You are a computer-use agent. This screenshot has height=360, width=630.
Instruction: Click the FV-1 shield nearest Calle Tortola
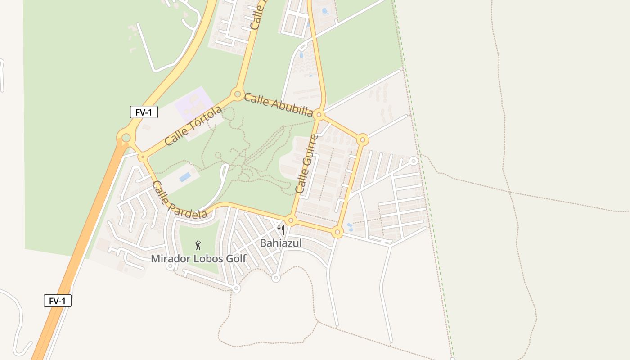[x=144, y=112]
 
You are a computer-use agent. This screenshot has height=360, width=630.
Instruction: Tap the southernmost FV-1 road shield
[x=58, y=301]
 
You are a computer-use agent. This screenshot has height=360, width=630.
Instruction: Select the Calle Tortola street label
[x=193, y=126]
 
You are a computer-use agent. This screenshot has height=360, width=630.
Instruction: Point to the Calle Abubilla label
[x=278, y=104]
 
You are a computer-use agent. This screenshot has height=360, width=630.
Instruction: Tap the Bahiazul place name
[x=281, y=243]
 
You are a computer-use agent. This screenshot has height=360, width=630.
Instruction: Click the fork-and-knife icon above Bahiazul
[x=281, y=230]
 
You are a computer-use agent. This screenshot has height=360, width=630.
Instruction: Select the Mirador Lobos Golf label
[x=198, y=259]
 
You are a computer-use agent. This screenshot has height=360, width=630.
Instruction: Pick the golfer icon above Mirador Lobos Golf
[x=198, y=245]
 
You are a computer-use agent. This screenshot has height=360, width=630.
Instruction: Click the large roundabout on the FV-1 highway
[x=126, y=137]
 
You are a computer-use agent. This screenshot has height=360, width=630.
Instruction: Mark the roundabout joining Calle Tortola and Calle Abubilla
[x=237, y=94]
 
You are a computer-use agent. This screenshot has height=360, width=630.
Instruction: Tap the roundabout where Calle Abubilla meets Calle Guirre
[x=319, y=115]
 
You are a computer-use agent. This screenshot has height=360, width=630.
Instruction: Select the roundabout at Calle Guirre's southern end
[x=291, y=220]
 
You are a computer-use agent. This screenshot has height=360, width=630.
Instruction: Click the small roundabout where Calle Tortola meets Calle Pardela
[x=143, y=157]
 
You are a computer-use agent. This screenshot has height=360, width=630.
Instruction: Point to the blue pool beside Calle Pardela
[x=185, y=177]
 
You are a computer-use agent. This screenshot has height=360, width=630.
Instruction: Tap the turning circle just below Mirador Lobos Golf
[x=170, y=266]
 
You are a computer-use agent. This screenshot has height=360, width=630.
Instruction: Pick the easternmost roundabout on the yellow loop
[x=363, y=140]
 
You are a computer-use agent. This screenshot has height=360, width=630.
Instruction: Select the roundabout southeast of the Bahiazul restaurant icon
[x=337, y=232]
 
